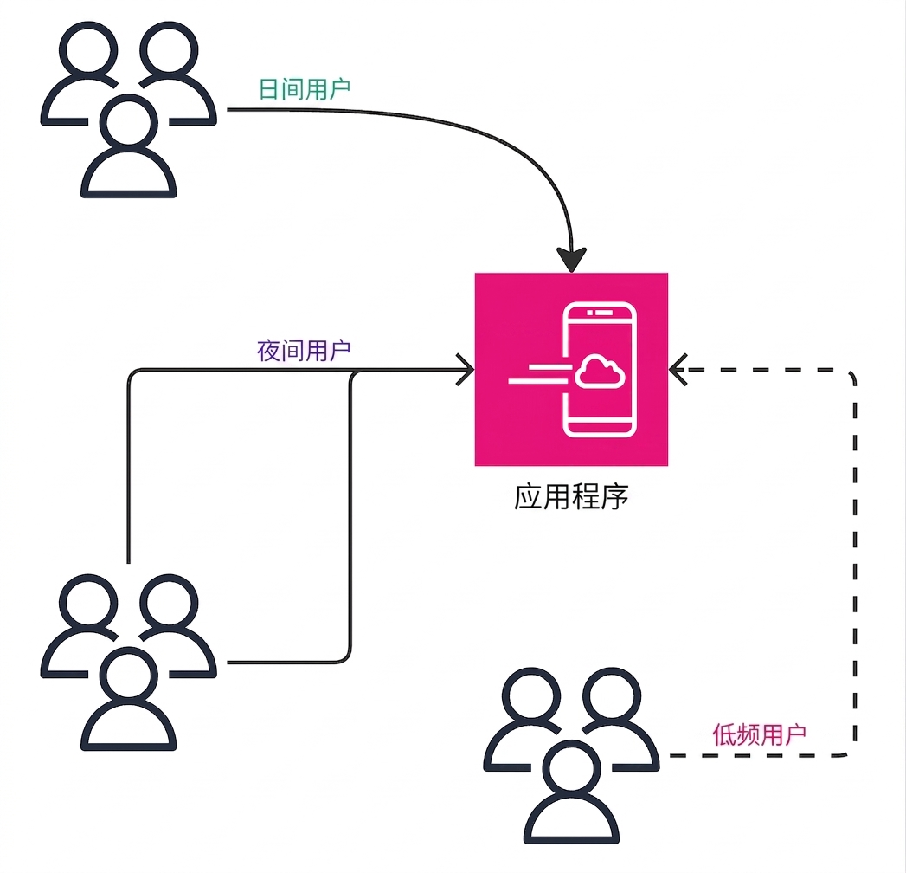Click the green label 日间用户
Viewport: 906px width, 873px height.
point(304,89)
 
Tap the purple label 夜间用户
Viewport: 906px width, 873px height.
point(304,351)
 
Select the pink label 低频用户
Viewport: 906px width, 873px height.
point(759,734)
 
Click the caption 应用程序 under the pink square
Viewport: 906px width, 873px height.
point(571,496)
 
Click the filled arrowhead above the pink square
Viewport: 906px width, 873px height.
point(571,260)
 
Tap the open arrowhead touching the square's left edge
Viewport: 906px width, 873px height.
point(466,370)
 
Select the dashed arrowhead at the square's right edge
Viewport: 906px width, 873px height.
point(678,370)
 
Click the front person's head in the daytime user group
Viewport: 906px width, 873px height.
point(128,124)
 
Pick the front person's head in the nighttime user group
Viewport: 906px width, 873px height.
point(128,676)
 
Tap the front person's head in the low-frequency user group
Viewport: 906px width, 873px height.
point(571,770)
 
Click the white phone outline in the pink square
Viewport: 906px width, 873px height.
point(600,369)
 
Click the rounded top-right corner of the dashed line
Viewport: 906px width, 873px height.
point(851,374)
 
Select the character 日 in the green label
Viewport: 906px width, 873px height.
point(268,89)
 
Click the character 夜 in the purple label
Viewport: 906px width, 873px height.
point(268,351)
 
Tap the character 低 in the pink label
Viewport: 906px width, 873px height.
point(723,734)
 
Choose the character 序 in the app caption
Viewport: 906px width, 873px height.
point(614,497)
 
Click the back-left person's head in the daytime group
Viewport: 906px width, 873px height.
point(88,50)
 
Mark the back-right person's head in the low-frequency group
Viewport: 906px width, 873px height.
point(612,696)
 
